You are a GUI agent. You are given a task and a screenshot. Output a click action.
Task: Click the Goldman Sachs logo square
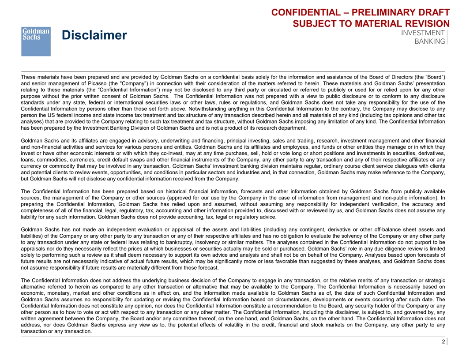click(36, 41)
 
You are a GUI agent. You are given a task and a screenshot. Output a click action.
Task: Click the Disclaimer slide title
click(94, 35)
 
